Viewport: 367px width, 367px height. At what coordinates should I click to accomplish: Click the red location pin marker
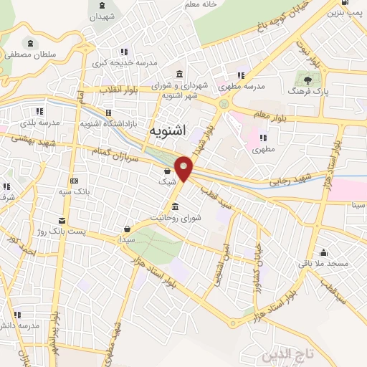coord(184,168)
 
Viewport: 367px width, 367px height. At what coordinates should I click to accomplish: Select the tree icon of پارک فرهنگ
coord(308,80)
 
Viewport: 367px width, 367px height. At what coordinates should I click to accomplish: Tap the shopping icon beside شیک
coord(167,171)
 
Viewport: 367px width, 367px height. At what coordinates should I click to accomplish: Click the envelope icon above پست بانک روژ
coord(62,219)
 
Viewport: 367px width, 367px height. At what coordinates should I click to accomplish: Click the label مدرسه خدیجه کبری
coord(120,63)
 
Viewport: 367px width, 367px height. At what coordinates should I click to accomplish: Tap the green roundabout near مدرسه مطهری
coord(224,105)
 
